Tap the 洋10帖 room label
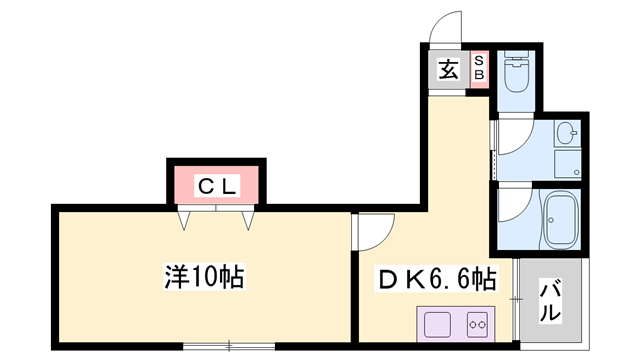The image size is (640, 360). (x=205, y=275)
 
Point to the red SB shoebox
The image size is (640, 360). (x=478, y=69)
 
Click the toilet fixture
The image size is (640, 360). (x=517, y=72)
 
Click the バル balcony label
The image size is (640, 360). (x=550, y=300)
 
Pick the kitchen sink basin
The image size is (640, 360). (x=439, y=324)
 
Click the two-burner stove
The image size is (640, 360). (x=476, y=324)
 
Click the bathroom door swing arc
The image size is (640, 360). (x=512, y=210)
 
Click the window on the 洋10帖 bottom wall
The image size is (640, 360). (x=229, y=346)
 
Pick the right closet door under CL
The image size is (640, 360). (x=246, y=215)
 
